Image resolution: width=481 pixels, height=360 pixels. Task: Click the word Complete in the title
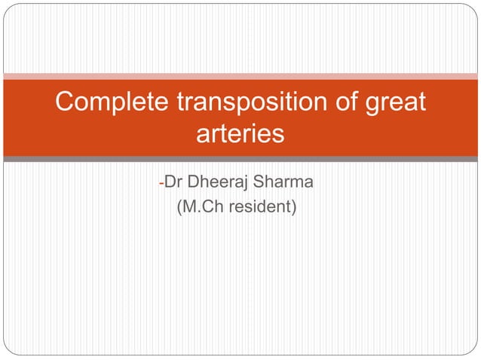pos(109,102)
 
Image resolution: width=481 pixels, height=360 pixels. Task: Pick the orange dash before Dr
pos(161,183)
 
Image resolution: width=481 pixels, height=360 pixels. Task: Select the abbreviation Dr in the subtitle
pos(173,182)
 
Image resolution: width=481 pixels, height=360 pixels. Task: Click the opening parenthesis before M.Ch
pos(179,206)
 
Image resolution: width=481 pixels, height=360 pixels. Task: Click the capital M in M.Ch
pos(188,206)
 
